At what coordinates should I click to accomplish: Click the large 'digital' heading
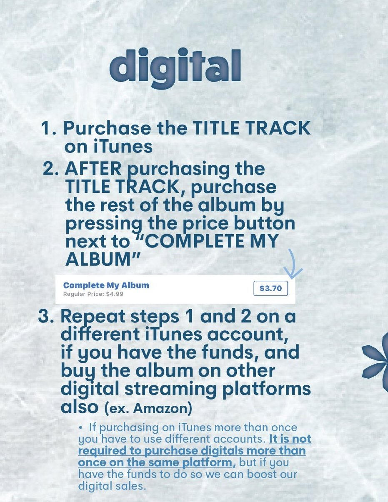click(175, 67)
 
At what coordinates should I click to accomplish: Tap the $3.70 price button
click(270, 288)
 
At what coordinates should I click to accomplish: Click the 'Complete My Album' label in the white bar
click(106, 285)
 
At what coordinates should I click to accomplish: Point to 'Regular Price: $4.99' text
click(93, 294)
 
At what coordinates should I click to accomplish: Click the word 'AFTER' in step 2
click(93, 169)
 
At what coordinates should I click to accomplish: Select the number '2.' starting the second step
click(52, 169)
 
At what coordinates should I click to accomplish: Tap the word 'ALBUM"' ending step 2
click(102, 260)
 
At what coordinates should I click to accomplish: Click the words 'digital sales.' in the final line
click(113, 486)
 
